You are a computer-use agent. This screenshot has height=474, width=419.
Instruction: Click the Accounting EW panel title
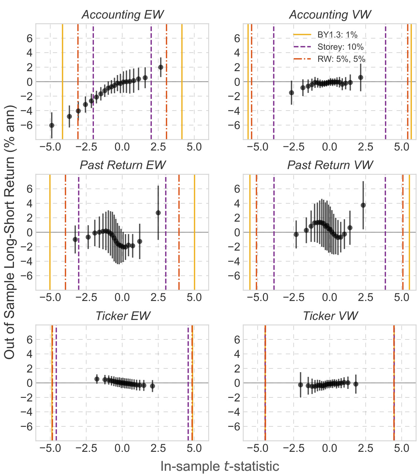(x=123, y=15)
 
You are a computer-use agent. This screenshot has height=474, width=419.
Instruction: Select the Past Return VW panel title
(x=330, y=165)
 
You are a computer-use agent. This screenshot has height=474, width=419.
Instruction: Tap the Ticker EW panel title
(x=123, y=316)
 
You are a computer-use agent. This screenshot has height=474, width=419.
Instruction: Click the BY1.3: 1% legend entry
(x=337, y=35)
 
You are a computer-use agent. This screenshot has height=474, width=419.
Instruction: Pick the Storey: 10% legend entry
(x=340, y=47)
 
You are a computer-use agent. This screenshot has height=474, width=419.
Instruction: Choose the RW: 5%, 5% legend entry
(x=341, y=59)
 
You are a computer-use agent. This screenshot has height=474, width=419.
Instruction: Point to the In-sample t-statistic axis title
(x=220, y=466)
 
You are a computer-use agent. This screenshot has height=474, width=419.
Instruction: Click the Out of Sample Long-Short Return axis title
(x=10, y=232)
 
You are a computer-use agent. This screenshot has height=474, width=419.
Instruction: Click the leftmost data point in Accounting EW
(x=52, y=125)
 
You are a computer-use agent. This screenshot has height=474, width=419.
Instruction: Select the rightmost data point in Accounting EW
(x=161, y=67)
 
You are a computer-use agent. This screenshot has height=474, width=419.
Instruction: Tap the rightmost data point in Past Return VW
(x=363, y=205)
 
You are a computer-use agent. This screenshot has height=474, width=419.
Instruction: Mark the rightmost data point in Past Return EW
(x=158, y=213)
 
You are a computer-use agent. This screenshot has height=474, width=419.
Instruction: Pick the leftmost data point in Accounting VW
(x=291, y=93)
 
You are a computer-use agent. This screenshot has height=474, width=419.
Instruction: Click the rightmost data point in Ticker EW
(x=153, y=386)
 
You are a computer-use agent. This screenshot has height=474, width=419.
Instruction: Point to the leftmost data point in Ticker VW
(x=300, y=385)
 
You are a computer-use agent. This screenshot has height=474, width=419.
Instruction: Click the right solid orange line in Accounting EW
(x=182, y=82)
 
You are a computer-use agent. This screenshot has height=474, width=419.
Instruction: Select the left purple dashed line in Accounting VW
(x=274, y=82)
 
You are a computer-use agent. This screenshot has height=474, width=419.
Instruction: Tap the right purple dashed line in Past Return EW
(x=166, y=232)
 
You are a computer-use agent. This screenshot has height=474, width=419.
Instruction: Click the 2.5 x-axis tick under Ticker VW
(x=365, y=448)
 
